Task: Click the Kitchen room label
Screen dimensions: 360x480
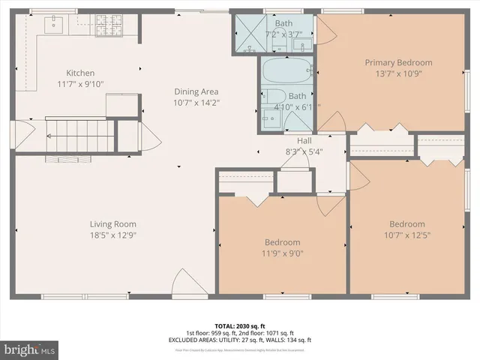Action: pyautogui.click(x=80, y=73)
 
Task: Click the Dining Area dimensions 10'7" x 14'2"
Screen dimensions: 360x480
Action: pyautogui.click(x=196, y=102)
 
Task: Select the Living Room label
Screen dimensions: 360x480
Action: pyautogui.click(x=112, y=223)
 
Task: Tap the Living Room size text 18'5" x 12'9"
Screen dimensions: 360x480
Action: pyautogui.click(x=112, y=235)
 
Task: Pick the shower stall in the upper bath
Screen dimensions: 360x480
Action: pyautogui.click(x=247, y=34)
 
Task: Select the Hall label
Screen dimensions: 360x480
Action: pyautogui.click(x=303, y=139)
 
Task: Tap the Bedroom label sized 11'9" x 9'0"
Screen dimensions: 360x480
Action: pyautogui.click(x=282, y=242)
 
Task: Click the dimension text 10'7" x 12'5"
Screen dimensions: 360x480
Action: pyautogui.click(x=406, y=235)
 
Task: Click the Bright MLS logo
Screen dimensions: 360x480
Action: pyautogui.click(x=30, y=349)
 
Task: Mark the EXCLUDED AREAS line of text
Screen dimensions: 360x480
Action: pyautogui.click(x=239, y=340)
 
